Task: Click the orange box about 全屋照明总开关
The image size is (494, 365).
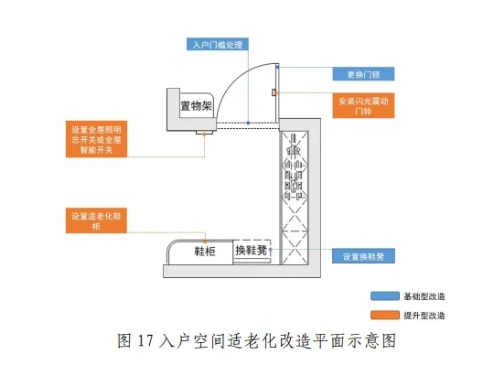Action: (x=96, y=139)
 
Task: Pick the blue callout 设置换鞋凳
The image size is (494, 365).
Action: (x=356, y=256)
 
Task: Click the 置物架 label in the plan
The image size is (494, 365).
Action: (x=194, y=107)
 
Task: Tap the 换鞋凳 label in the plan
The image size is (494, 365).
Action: (x=251, y=250)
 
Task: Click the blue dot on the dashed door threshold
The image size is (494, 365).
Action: (x=248, y=122)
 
